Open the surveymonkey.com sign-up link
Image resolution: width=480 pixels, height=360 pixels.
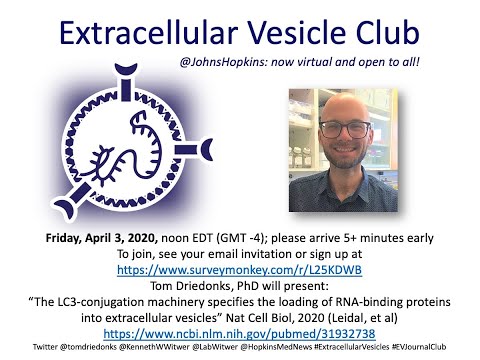(239, 270)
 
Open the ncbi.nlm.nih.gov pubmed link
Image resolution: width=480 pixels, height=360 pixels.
(239, 334)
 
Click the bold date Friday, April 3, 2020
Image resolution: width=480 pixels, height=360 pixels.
(102, 238)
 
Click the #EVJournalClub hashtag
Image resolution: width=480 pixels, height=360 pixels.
(419, 347)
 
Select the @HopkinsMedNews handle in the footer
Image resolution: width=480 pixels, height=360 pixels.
(276, 347)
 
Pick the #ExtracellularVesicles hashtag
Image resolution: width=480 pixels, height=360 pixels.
(352, 347)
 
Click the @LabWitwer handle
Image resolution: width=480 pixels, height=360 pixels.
(215, 347)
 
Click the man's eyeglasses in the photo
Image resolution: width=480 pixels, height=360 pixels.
(345, 129)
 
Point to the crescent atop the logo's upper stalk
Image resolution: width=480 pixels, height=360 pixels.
(126, 69)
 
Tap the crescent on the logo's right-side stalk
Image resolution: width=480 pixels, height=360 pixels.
(208, 150)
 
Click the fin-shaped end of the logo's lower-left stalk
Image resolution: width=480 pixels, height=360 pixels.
(64, 208)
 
